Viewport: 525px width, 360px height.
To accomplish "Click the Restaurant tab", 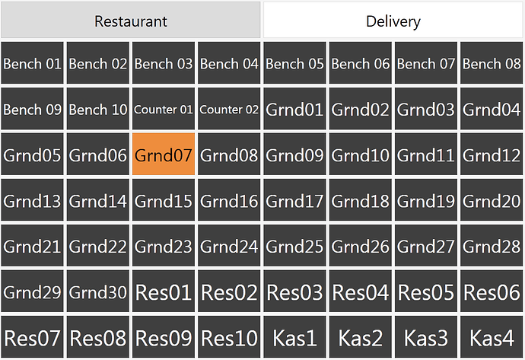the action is pyautogui.click(x=131, y=20).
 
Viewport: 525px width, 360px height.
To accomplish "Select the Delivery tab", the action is pyautogui.click(x=393, y=20).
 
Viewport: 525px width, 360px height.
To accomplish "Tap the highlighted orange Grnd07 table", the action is pyautogui.click(x=164, y=154).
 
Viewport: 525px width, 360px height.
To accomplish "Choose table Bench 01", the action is pyautogui.click(x=32, y=62).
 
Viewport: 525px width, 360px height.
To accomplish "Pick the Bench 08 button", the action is pyautogui.click(x=492, y=62).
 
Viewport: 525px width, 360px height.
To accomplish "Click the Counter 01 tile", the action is pyautogui.click(x=164, y=109).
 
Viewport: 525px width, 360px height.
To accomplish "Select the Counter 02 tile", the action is pyautogui.click(x=229, y=109).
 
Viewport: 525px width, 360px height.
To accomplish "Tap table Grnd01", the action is pyautogui.click(x=294, y=109).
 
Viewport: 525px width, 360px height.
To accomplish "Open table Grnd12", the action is pyautogui.click(x=492, y=154).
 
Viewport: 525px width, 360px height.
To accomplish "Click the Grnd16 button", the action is pyautogui.click(x=229, y=199).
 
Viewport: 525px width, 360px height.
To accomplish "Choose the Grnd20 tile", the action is pyautogui.click(x=492, y=199).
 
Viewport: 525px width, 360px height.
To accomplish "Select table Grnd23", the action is pyautogui.click(x=164, y=246).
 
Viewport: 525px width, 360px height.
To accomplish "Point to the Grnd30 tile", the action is pyautogui.click(x=97, y=291).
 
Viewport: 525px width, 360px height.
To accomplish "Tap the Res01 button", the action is pyautogui.click(x=164, y=291).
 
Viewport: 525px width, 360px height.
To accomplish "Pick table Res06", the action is pyautogui.click(x=492, y=291).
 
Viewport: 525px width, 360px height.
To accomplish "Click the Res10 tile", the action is pyautogui.click(x=229, y=337).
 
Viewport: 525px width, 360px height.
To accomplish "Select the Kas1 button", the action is pyautogui.click(x=294, y=337).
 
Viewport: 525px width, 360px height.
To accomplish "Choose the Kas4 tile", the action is pyautogui.click(x=492, y=337).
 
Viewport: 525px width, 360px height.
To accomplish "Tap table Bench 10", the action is pyautogui.click(x=97, y=109).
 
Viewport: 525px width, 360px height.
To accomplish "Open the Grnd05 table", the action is pyautogui.click(x=32, y=154).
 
